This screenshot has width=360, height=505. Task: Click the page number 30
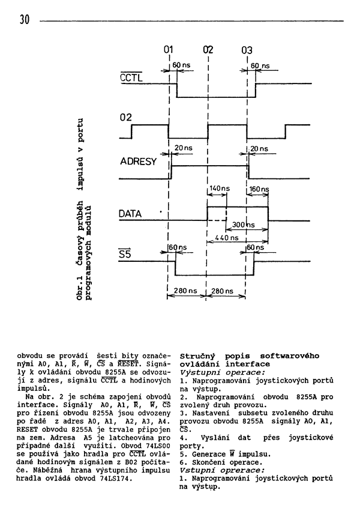pyautogui.click(x=24, y=20)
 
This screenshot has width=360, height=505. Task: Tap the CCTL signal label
pyautogui.click(x=131, y=77)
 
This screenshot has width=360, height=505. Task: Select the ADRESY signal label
pyautogui.click(x=139, y=162)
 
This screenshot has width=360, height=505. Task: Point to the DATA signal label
pyautogui.click(x=130, y=214)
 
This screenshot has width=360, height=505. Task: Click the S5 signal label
pyautogui.click(x=125, y=254)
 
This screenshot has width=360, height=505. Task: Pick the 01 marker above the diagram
pyautogui.click(x=168, y=49)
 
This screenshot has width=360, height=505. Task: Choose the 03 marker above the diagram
pyautogui.click(x=247, y=50)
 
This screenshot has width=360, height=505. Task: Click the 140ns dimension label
pyautogui.click(x=220, y=189)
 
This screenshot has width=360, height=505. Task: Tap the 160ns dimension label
pyautogui.click(x=259, y=189)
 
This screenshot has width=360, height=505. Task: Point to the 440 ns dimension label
pyautogui.click(x=226, y=238)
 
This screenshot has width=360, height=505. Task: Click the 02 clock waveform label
pyautogui.click(x=126, y=118)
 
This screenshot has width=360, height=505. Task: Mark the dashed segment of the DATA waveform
pyautogui.click(x=217, y=220)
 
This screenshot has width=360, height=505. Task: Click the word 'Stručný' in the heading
pyautogui.click(x=197, y=356)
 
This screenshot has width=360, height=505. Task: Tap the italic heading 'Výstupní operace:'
pyautogui.click(x=223, y=372)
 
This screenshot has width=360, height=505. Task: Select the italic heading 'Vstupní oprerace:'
pyautogui.click(x=223, y=470)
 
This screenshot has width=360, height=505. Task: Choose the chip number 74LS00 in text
pyautogui.click(x=158, y=446)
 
